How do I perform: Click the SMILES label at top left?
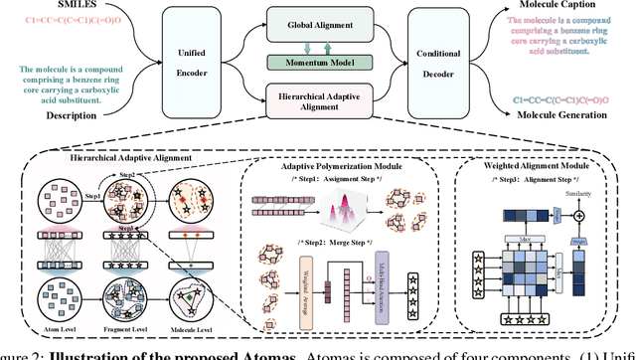click(46, 6)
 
